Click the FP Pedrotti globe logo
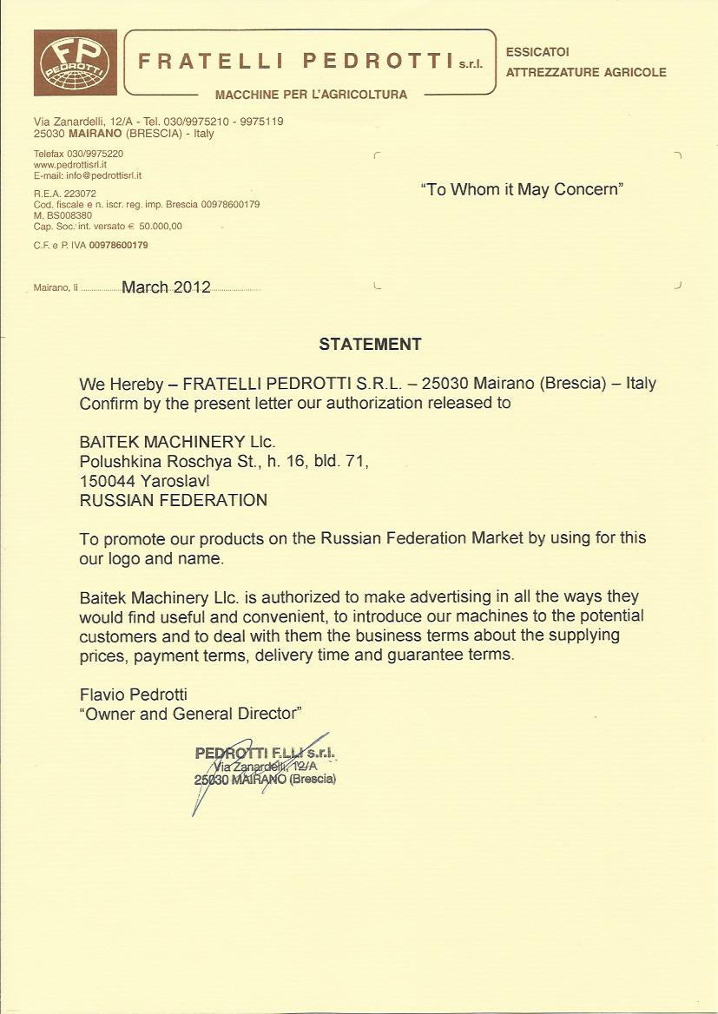tap(75, 62)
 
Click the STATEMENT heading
tap(370, 344)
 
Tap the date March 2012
tap(166, 287)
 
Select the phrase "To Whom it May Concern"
tap(522, 189)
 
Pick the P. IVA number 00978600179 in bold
tap(118, 246)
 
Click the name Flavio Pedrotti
tap(133, 695)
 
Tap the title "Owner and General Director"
tap(190, 714)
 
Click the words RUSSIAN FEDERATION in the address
tap(174, 500)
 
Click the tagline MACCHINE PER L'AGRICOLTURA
tap(311, 95)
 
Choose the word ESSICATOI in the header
tap(537, 53)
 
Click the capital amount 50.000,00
tap(160, 226)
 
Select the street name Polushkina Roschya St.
tap(163, 462)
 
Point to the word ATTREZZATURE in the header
tap(547, 72)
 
